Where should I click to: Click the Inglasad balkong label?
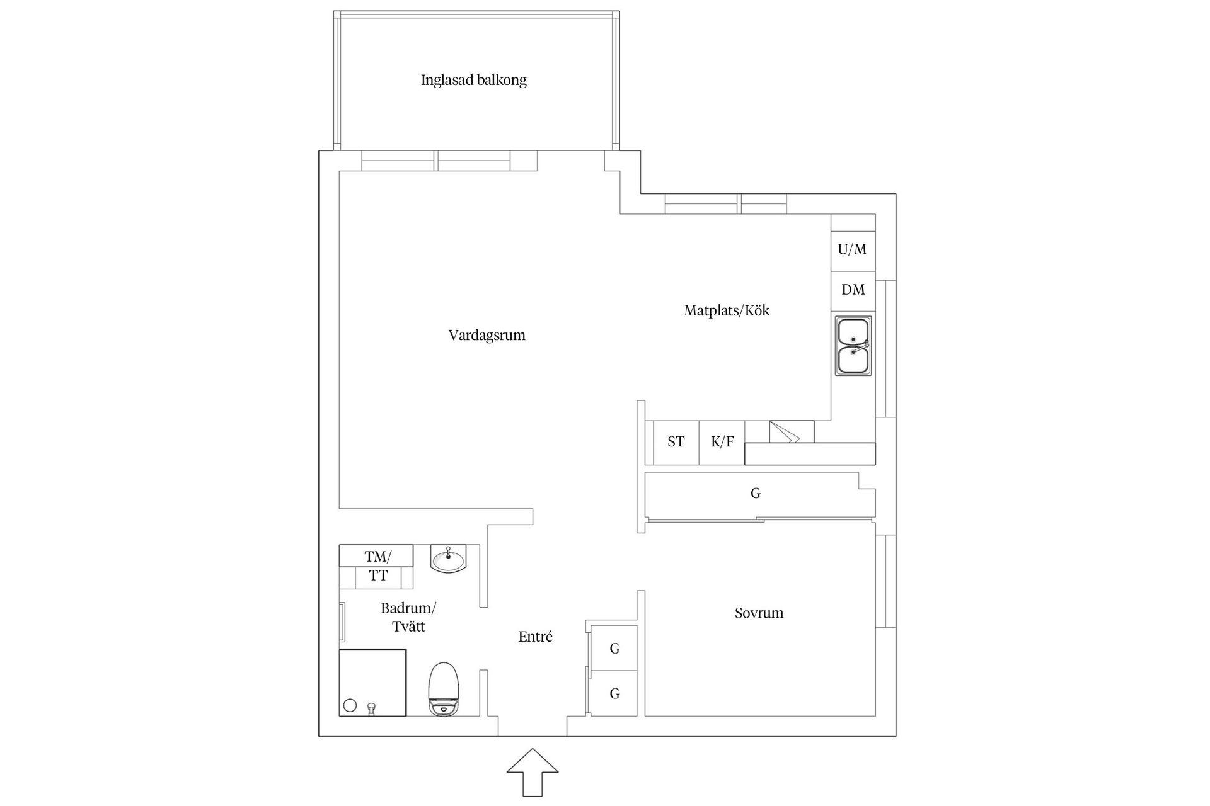473,81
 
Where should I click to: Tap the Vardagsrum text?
487,335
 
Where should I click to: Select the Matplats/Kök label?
727,310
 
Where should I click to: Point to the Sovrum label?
759,613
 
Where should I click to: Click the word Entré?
535,637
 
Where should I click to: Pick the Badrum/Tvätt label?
408,617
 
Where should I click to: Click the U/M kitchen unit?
852,249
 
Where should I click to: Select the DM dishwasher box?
853,290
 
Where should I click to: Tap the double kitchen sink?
853,346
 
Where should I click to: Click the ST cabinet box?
676,442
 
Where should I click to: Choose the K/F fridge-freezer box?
722,442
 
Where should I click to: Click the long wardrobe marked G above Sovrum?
756,494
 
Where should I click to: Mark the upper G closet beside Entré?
614,649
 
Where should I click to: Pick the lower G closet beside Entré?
614,694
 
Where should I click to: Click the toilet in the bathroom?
444,689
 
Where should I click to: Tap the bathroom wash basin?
448,559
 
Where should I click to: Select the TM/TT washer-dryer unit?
377,566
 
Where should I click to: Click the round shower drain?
350,706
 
